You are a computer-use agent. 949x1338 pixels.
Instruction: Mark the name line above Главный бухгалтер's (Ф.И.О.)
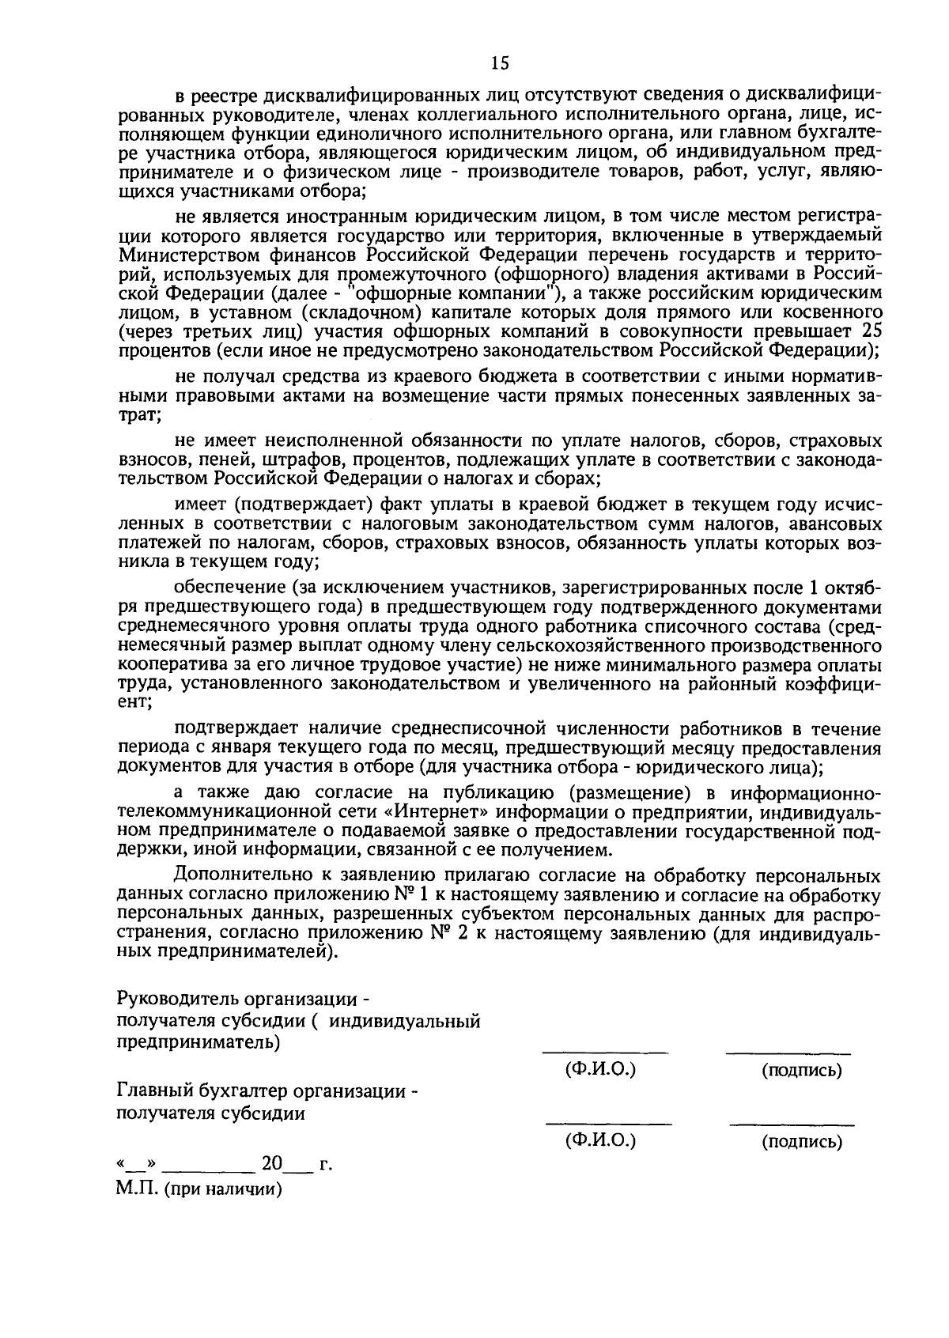(608, 1123)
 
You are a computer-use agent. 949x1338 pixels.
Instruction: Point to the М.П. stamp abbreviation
(136, 1189)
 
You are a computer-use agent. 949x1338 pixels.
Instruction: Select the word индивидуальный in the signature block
(405, 1021)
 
